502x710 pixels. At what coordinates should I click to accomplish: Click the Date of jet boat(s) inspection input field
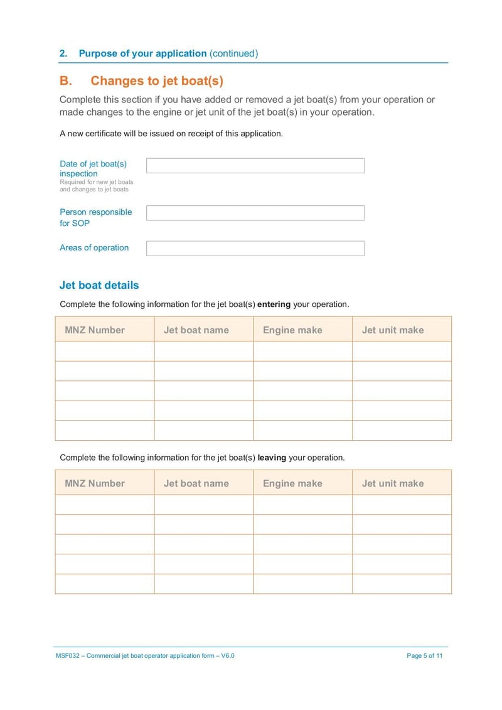(x=255, y=166)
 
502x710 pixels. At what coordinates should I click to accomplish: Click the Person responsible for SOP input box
(x=255, y=213)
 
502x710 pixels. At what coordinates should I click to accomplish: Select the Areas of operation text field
(x=255, y=249)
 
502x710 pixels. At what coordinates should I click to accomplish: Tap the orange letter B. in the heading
(x=67, y=81)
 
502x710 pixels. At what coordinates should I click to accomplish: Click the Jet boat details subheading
(x=99, y=285)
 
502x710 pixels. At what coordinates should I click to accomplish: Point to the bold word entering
(x=274, y=304)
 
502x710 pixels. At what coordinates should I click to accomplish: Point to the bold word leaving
(x=272, y=458)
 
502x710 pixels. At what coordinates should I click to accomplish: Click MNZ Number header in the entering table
(x=95, y=330)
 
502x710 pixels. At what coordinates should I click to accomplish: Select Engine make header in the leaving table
(x=292, y=483)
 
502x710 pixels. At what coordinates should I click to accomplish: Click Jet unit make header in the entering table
(x=393, y=330)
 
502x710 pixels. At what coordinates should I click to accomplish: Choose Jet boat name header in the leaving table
(x=196, y=483)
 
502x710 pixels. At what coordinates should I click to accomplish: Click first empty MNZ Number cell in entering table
(x=105, y=351)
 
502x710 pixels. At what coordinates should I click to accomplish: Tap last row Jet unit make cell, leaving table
(x=402, y=584)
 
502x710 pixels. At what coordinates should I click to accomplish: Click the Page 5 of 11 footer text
(x=425, y=656)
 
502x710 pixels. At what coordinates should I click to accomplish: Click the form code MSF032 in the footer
(x=67, y=656)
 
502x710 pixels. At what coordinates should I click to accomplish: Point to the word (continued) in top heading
(x=233, y=53)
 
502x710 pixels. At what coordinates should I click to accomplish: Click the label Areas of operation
(x=94, y=248)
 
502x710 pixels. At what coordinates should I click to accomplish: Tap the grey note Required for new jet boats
(x=97, y=182)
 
